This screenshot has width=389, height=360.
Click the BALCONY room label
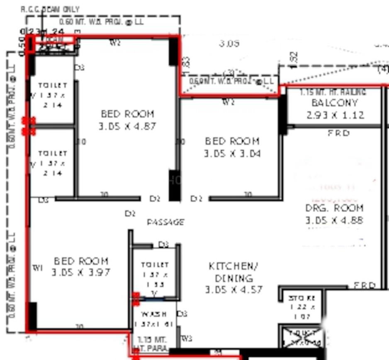[x=334, y=103]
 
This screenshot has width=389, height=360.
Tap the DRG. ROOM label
[x=334, y=208]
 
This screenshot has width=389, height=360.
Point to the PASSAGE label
[x=165, y=222]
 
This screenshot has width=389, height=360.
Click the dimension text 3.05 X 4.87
[x=127, y=126]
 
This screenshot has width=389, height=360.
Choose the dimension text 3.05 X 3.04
[x=232, y=154]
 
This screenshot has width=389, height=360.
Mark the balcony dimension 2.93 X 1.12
[x=336, y=115]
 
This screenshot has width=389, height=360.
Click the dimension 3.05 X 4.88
[x=334, y=220]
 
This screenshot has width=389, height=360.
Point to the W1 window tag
[x=37, y=268]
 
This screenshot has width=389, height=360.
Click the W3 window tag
[x=187, y=339]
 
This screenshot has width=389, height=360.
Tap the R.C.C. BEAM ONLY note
[x=50, y=9]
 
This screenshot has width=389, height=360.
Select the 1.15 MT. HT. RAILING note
[x=333, y=92]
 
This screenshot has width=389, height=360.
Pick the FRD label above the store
[x=365, y=285]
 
